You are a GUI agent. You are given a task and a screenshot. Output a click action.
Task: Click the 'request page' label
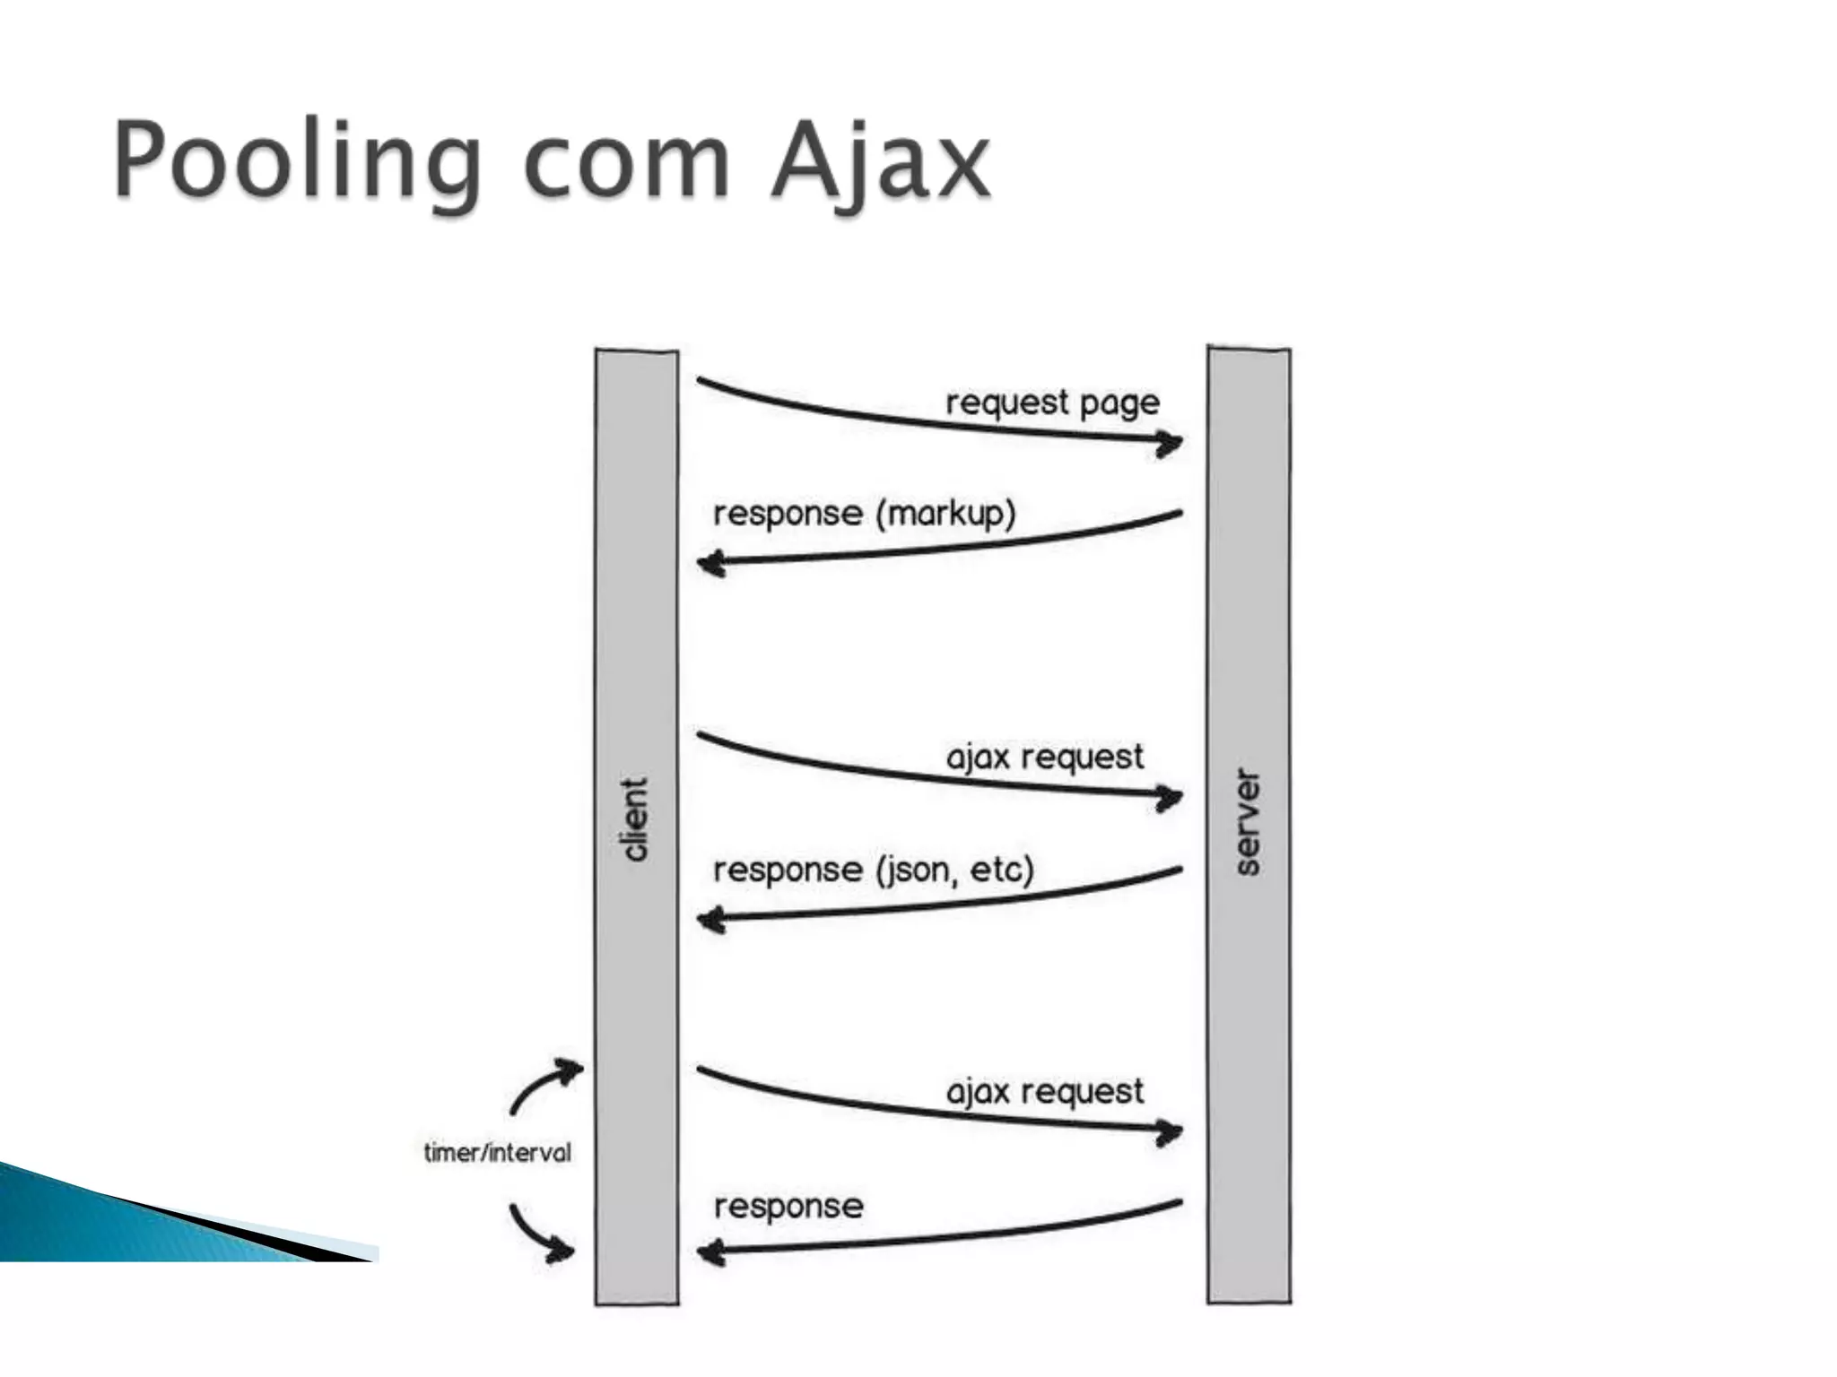pyautogui.click(x=1052, y=403)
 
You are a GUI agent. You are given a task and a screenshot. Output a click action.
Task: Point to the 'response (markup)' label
pyautogui.click(x=864, y=514)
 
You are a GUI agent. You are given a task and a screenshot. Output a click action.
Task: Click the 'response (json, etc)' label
pyautogui.click(x=873, y=870)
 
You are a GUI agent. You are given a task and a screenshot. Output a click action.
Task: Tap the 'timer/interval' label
pyautogui.click(x=497, y=1152)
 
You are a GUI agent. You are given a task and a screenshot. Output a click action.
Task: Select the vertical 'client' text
pyautogui.click(x=635, y=819)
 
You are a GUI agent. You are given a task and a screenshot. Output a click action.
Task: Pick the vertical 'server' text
pyautogui.click(x=1248, y=821)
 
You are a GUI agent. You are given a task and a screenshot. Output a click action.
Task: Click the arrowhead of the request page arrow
pyautogui.click(x=1169, y=443)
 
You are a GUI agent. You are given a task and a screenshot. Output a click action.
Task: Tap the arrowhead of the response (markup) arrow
pyautogui.click(x=711, y=564)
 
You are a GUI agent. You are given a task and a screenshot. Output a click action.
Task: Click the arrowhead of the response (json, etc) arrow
pyautogui.click(x=711, y=920)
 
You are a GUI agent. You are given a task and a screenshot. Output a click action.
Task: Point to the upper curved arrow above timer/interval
pyautogui.click(x=545, y=1086)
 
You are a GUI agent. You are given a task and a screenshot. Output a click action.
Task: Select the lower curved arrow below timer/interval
pyautogui.click(x=543, y=1234)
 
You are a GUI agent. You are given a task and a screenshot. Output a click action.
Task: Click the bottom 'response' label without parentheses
pyautogui.click(x=788, y=1206)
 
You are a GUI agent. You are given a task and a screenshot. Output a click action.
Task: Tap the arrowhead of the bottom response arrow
pyautogui.click(x=711, y=1251)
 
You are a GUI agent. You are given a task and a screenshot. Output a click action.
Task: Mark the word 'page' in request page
pyautogui.click(x=1119, y=403)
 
